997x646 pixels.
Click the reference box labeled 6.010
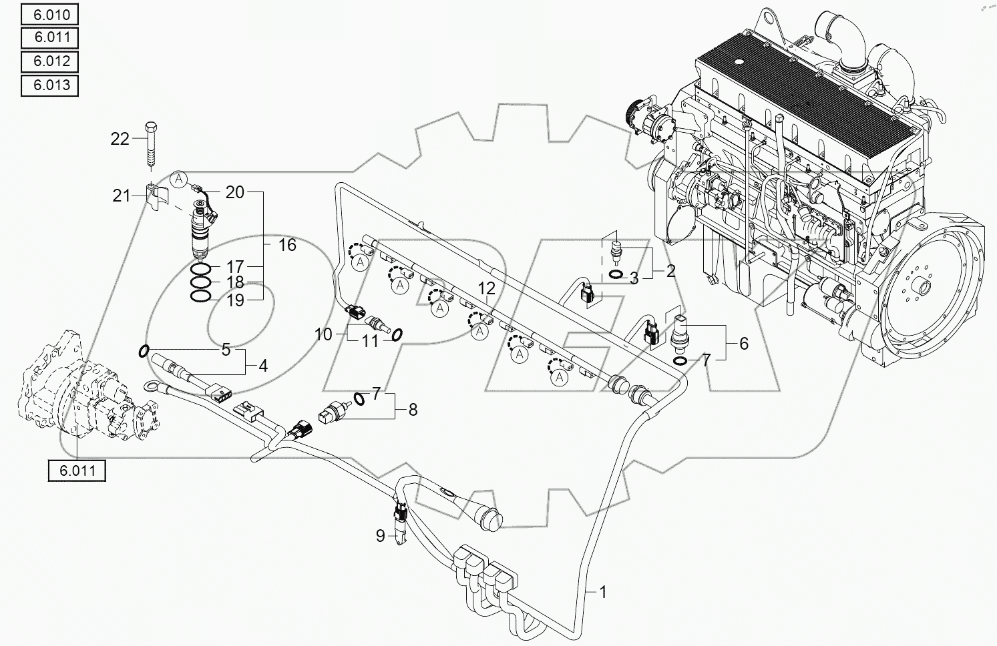pos(49,14)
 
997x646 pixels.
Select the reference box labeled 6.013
pos(49,85)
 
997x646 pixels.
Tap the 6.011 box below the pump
pos(77,470)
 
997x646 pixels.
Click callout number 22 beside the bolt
pos(120,139)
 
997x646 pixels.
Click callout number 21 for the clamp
pos(120,195)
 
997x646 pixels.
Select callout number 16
pos(287,245)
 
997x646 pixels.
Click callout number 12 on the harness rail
pos(487,288)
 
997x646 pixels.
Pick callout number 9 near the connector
pos(380,536)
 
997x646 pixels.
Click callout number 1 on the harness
pos(602,591)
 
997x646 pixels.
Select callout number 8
pos(413,409)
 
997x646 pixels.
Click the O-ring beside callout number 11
pos(395,334)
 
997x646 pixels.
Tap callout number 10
pos(323,334)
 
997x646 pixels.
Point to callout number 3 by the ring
pos(634,278)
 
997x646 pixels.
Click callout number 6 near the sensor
pos(743,343)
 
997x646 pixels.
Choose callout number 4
pos(262,366)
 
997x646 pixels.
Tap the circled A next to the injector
pos(178,178)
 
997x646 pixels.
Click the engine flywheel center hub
pos(925,289)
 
